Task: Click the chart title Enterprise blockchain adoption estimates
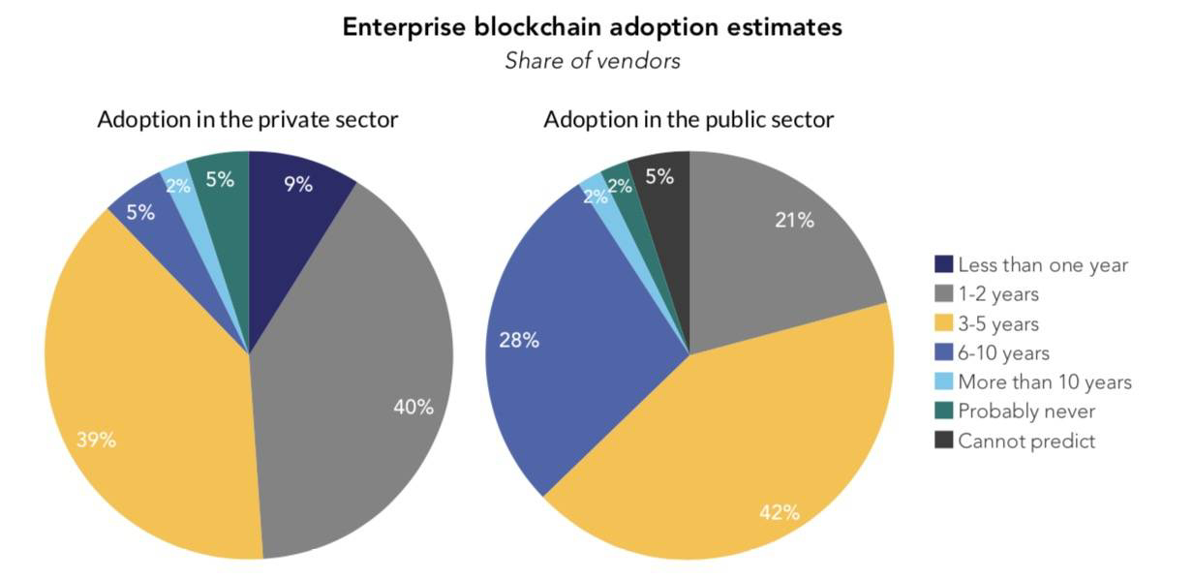tap(593, 27)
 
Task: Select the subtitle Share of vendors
tap(593, 60)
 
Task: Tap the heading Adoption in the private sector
tap(248, 120)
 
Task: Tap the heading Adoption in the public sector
tap(688, 120)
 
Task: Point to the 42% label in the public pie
tap(780, 512)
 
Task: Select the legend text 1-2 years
tap(999, 294)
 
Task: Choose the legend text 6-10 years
tap(1003, 353)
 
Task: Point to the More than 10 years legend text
tap(1044, 382)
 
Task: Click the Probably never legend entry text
tap(1026, 411)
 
